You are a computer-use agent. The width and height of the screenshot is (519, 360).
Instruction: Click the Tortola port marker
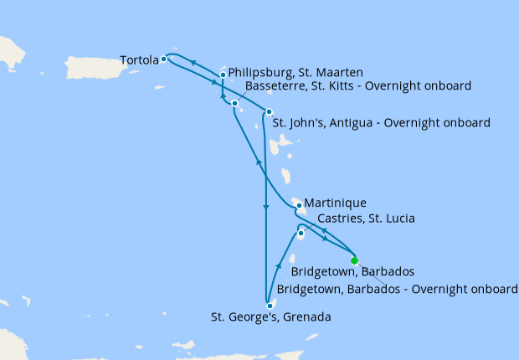163,59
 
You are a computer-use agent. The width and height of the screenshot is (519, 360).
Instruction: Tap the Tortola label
138,60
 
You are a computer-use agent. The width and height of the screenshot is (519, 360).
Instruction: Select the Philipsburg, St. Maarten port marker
222,75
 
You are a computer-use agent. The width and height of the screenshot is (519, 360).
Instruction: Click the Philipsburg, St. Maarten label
295,73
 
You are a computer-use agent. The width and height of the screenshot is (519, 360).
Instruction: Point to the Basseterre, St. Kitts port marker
234,103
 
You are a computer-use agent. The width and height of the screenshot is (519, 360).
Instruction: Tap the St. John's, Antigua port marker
269,112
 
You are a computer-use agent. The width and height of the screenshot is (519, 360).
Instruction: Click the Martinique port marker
299,205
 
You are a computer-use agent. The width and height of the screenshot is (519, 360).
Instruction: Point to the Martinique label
335,203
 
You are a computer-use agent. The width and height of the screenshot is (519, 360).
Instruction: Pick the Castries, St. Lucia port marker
301,233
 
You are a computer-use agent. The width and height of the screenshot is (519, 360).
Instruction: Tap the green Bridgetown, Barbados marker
354,260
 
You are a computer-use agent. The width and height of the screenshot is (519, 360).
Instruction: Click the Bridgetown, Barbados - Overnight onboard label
397,289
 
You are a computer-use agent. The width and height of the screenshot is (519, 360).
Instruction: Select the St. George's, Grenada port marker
270,306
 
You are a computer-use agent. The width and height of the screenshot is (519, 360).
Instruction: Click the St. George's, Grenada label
270,317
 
